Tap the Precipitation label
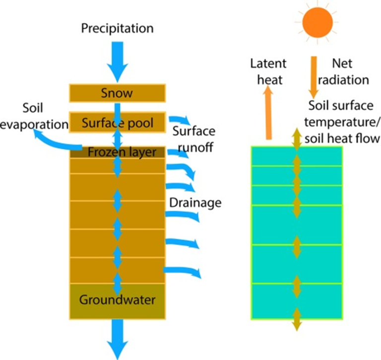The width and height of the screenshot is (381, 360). tap(117, 28)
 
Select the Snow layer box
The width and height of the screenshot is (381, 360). tap(117, 93)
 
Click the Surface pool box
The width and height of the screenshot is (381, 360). tap(117, 122)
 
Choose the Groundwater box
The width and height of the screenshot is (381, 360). tap(117, 300)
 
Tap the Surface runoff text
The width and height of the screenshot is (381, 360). tap(194, 138)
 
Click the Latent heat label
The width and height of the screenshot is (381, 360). tap(268, 71)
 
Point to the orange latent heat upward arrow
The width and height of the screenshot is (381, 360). tap(268, 114)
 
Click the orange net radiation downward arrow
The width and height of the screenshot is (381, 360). tap(314, 77)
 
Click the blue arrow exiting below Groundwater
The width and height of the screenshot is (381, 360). tap(118, 338)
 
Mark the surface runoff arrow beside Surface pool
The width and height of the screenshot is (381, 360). tap(180, 120)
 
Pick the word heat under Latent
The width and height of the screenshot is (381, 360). tap(268, 79)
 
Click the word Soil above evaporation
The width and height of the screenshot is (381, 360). tap(33, 108)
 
